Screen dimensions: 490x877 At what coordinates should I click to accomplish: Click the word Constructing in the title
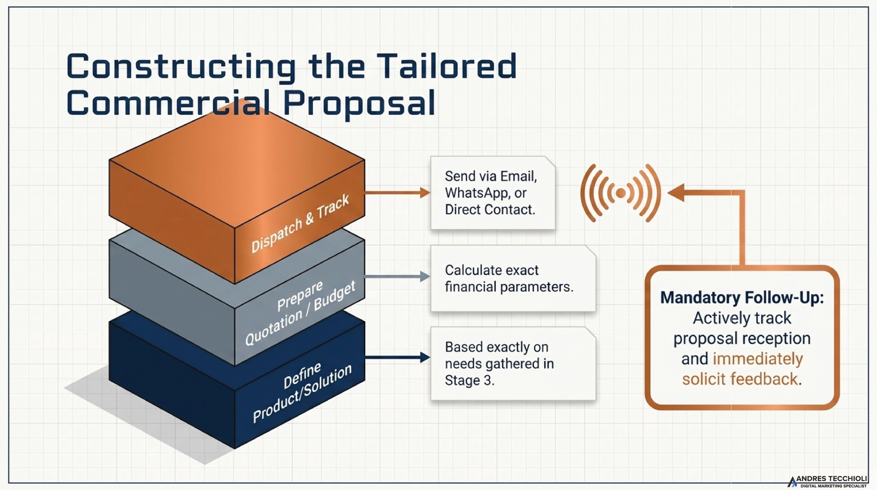[x=181, y=67]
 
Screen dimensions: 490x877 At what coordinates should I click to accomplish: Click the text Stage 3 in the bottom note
[x=470, y=380]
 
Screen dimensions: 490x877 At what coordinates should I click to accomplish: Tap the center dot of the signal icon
[x=621, y=193]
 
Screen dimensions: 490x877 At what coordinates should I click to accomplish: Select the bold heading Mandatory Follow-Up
[x=742, y=297]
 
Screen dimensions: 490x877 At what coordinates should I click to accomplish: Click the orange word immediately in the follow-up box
[x=758, y=359]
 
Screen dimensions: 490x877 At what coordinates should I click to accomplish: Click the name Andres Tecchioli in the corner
[x=836, y=479]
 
